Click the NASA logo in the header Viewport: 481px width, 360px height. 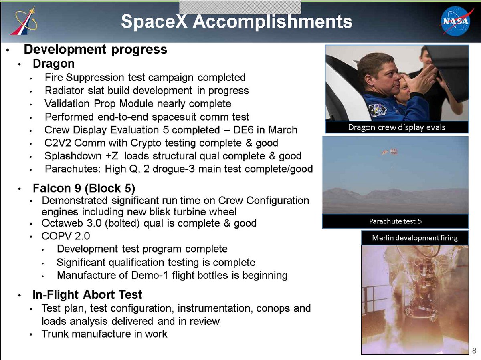[456, 21]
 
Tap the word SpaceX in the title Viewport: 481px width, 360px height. [154, 22]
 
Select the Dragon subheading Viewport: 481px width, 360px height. [54, 64]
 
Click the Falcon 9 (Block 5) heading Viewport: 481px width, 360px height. [84, 188]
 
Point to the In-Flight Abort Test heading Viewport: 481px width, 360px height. [87, 295]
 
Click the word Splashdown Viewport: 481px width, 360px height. [73, 156]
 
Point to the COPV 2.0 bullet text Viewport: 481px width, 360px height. [66, 236]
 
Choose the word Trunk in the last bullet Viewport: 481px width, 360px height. [55, 334]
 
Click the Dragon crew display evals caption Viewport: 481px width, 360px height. [397, 127]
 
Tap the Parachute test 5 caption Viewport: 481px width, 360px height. [395, 221]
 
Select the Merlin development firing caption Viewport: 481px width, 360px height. [415, 238]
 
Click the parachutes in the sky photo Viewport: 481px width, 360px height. [390, 152]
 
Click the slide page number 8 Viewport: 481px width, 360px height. [474, 351]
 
